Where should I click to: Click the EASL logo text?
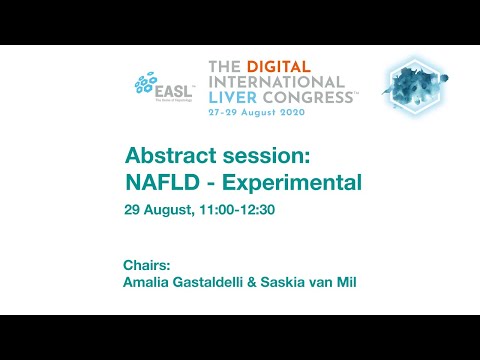[171, 87]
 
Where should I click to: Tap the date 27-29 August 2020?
[264, 114]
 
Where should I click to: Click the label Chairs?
[147, 265]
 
